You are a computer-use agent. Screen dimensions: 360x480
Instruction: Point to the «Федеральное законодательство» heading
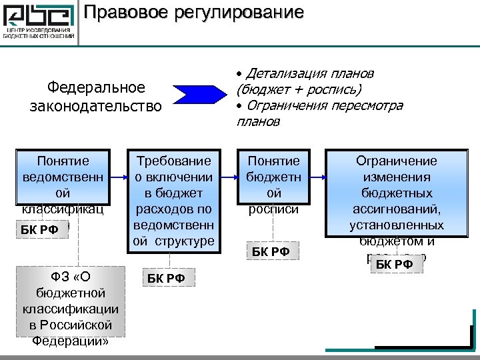pos(95,97)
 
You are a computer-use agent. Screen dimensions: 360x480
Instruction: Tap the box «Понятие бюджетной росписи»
pos(273,177)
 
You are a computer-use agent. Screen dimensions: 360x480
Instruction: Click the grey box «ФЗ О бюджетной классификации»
pos(71,309)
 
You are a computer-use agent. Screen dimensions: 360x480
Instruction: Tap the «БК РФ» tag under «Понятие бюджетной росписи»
pos(271,251)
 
